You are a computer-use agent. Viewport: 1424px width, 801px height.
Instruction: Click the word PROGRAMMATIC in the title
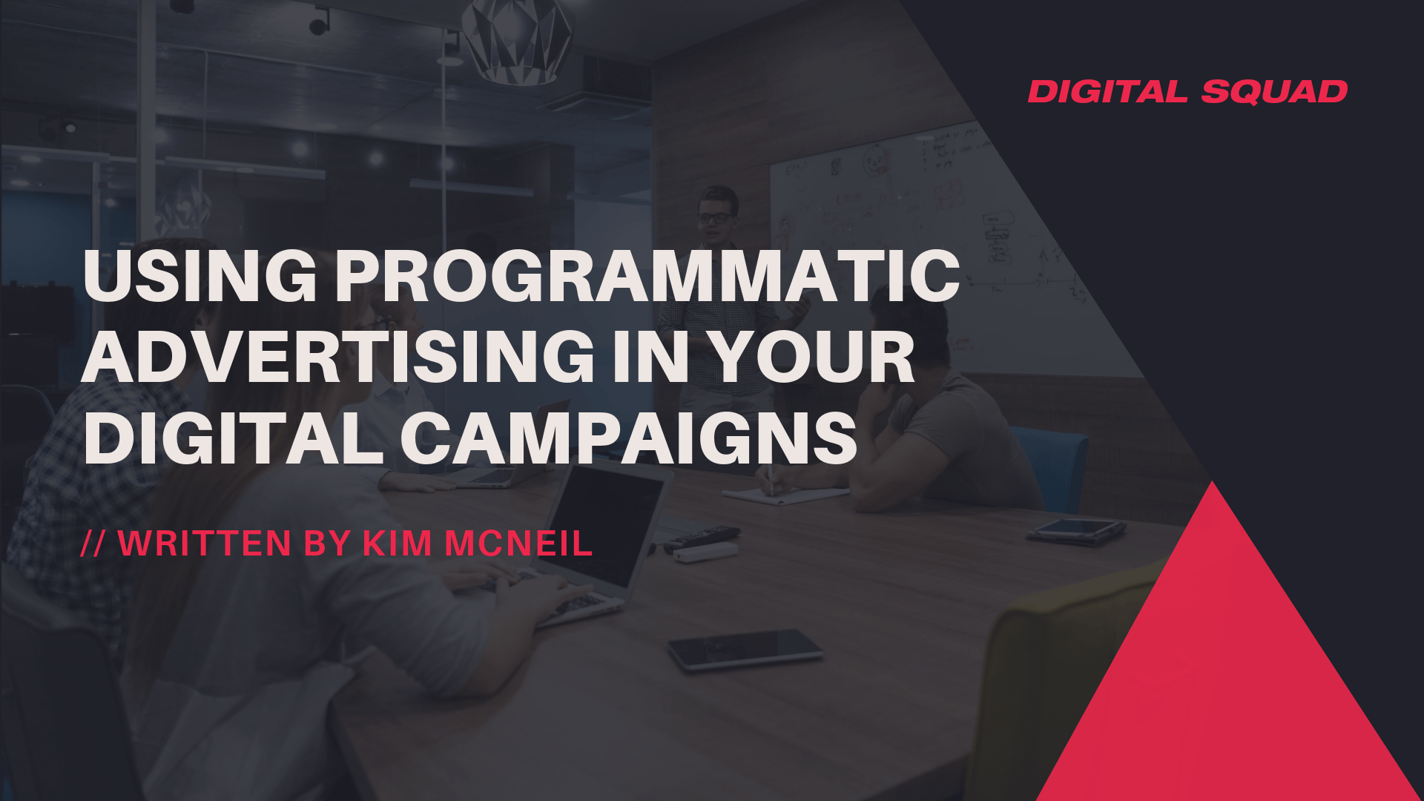[647, 276]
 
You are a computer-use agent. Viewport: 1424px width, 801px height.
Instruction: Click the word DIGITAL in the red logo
[1108, 92]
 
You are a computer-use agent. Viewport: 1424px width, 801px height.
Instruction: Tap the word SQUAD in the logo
[1274, 92]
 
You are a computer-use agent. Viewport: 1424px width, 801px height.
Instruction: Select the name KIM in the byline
[397, 544]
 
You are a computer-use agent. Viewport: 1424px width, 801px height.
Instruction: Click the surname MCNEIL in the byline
[518, 544]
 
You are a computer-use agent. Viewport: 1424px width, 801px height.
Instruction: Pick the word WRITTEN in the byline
[205, 544]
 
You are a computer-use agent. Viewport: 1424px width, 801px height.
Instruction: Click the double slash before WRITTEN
[93, 544]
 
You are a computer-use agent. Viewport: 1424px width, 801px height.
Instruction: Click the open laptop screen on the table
[604, 523]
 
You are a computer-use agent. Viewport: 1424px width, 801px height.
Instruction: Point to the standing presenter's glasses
[714, 218]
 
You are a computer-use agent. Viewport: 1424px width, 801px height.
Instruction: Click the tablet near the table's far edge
[1077, 529]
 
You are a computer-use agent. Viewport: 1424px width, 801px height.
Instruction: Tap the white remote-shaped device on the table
[705, 552]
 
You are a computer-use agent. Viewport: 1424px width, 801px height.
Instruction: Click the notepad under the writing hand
[786, 495]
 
